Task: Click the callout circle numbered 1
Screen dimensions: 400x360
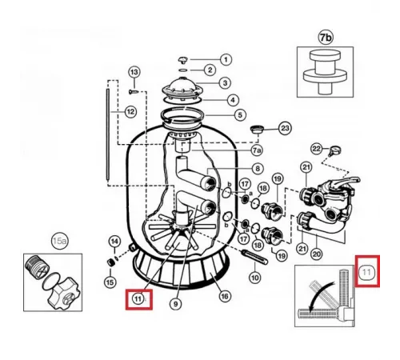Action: [x=226, y=59]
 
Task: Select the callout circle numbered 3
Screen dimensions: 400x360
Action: [x=225, y=83]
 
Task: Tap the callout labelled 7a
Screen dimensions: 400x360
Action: [x=257, y=150]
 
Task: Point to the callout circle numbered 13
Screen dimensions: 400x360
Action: [x=134, y=72]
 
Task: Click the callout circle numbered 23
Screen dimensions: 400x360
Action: [x=285, y=128]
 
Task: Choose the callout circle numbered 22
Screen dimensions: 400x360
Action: [x=317, y=149]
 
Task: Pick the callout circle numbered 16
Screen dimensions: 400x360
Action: [x=225, y=296]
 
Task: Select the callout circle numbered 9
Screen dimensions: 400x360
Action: [x=175, y=304]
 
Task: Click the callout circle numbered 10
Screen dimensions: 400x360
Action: [x=255, y=278]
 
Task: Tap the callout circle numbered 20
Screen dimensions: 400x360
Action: [x=317, y=254]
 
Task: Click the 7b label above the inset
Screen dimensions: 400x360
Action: [x=326, y=38]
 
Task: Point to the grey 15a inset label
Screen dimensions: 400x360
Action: [x=59, y=242]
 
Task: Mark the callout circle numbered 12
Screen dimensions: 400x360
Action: [x=130, y=112]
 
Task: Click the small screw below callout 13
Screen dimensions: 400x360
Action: [x=134, y=92]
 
